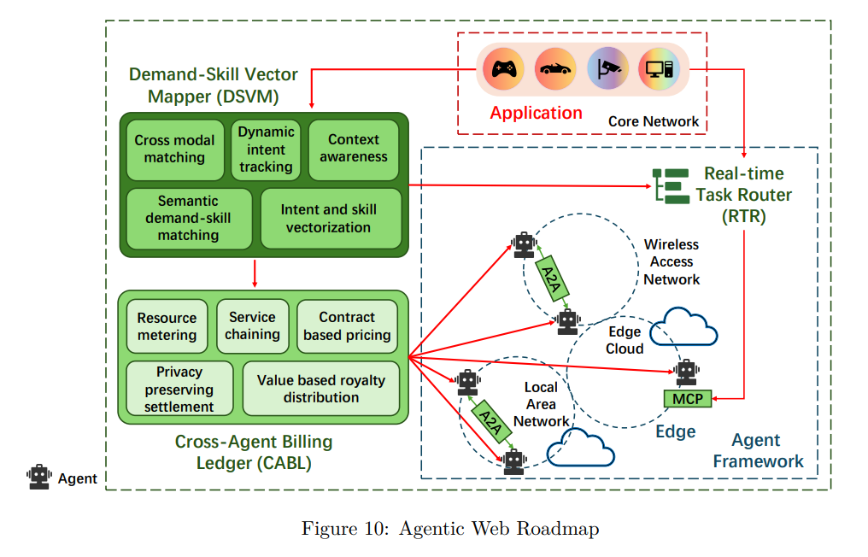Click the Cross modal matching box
[x=174, y=149]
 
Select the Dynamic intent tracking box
[x=266, y=150]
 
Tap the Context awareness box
[x=354, y=149]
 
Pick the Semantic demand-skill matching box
[x=189, y=218]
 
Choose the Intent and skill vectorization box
[x=329, y=218]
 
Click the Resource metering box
[x=167, y=326]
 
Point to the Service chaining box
[x=252, y=325]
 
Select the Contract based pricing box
[x=347, y=326]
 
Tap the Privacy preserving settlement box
[x=179, y=389]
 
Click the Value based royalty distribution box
[x=321, y=389]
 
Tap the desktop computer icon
[x=660, y=67]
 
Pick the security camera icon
[x=607, y=67]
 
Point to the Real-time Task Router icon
[x=671, y=185]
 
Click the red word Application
[x=536, y=113]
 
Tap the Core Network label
[x=654, y=121]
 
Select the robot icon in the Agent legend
[x=38, y=477]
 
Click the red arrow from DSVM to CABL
[x=255, y=273]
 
